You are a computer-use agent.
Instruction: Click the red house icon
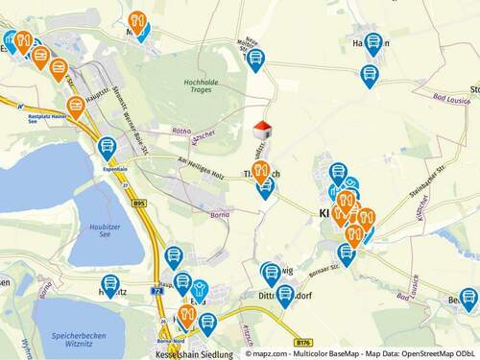click(262, 130)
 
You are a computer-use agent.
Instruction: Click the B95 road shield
click(138, 204)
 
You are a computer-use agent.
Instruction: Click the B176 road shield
click(305, 341)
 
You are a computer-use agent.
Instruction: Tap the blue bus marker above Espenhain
click(107, 147)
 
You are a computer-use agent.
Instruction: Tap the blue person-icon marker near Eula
click(199, 288)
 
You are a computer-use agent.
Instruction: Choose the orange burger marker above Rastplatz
click(75, 106)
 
